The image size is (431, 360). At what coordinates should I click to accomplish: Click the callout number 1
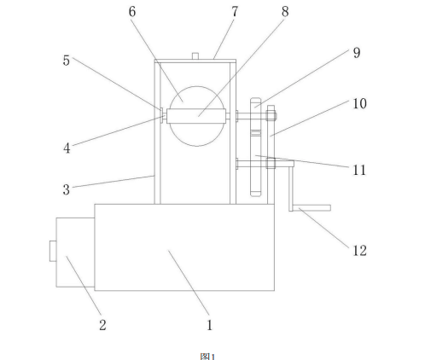point(210,325)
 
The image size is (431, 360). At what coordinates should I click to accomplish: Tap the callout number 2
point(102,325)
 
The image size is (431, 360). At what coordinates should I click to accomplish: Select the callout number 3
point(67,189)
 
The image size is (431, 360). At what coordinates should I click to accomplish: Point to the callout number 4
point(67,148)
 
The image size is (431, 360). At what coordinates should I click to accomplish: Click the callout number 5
point(67,61)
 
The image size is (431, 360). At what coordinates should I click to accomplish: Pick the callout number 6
point(132,11)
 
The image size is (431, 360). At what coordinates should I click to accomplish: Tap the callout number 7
point(235,11)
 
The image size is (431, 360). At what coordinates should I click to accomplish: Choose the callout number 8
point(285,11)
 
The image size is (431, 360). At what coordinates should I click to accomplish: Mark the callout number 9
point(357,53)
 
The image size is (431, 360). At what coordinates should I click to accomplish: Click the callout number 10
point(360,103)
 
